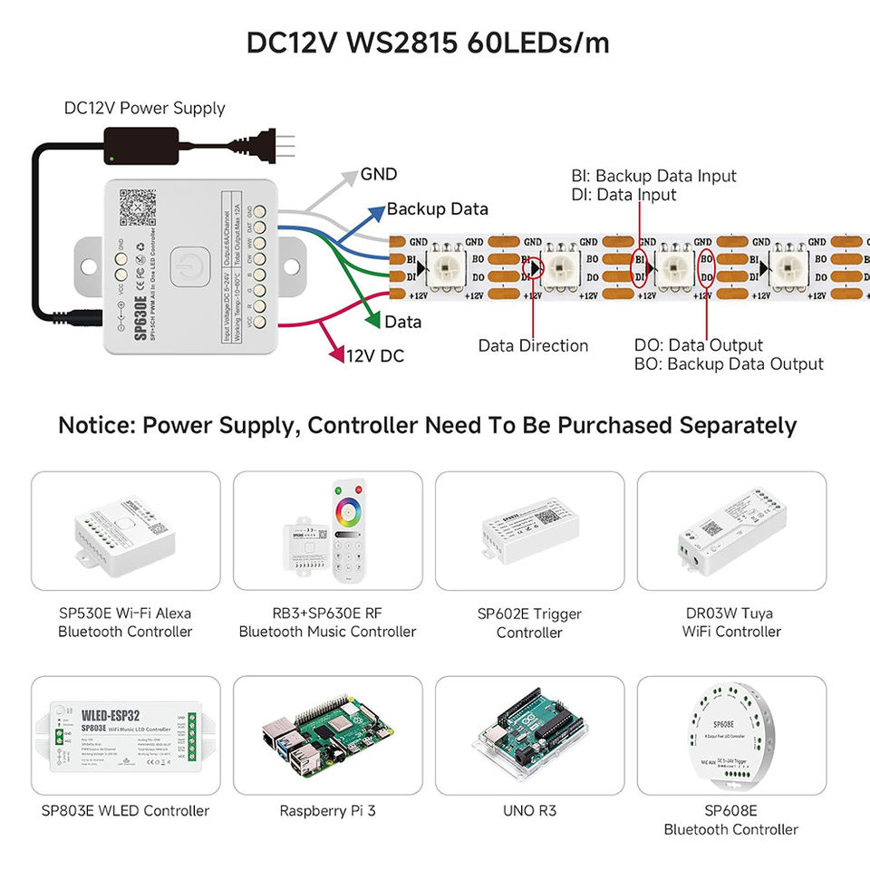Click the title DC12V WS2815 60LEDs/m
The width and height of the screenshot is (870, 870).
tap(428, 43)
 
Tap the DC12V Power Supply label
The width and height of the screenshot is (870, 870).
tap(144, 108)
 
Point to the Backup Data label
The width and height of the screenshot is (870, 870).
tap(437, 209)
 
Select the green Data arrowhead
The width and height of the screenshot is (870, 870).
tap(372, 320)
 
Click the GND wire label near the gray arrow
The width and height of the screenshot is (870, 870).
tap(379, 174)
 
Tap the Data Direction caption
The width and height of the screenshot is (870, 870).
tap(533, 345)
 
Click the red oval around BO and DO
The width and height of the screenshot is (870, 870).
tap(706, 267)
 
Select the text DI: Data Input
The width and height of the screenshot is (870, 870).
tap(623, 194)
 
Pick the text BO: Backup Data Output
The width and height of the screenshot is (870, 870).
tap(729, 364)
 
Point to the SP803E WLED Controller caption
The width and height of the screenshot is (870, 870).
tap(125, 811)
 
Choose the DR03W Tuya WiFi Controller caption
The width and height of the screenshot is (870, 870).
tap(731, 622)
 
